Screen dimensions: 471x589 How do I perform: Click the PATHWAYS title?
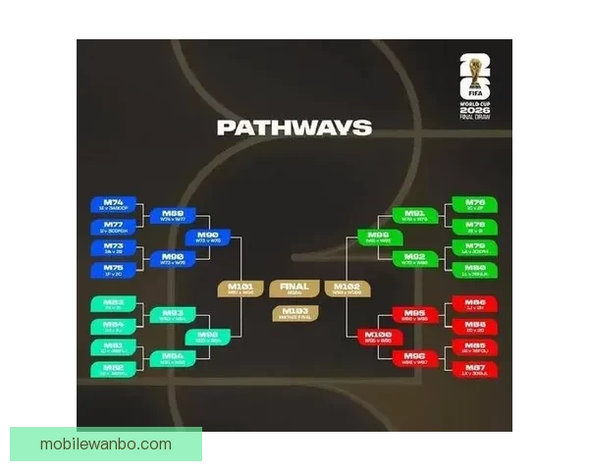[294, 128]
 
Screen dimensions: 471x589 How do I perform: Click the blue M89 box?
[173, 215]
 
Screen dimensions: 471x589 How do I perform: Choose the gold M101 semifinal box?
[241, 288]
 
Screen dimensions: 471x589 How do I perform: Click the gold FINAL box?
[294, 288]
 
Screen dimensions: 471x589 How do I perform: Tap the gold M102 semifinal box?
[348, 288]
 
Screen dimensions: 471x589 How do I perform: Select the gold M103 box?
[294, 313]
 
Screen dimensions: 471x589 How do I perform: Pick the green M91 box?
[415, 215]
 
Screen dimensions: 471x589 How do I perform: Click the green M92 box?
[415, 259]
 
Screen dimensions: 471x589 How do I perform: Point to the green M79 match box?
[475, 248]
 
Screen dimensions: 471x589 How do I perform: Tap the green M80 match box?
[475, 269]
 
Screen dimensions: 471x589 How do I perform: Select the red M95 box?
[415, 315]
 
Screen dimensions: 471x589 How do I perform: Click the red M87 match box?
[475, 369]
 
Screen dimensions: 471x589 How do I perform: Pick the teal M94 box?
[173, 358]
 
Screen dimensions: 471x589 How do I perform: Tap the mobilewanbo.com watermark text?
[106, 445]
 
